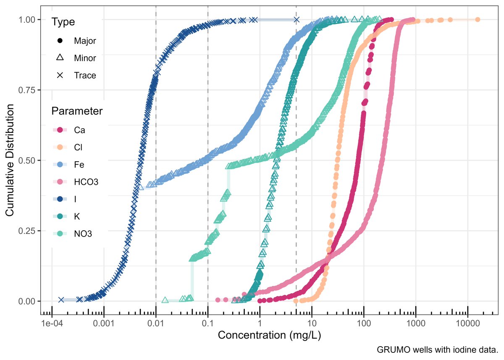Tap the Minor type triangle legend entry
60,58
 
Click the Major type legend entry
60,41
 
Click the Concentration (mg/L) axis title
269,336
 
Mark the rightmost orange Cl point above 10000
478,20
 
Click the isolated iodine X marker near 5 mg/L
297,20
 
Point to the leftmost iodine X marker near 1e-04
61,300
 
